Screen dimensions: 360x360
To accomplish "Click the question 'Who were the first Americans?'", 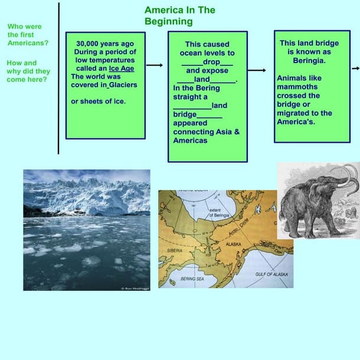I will pyautogui.click(x=28, y=35).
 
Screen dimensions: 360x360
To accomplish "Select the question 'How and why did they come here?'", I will pyautogui.click(x=28, y=71).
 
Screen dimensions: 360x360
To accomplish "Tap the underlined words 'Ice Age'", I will pyautogui.click(x=122, y=68).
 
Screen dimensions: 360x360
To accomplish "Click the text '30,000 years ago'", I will pyautogui.click(x=105, y=43).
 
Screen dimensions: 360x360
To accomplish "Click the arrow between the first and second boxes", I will pyautogui.click(x=154, y=66).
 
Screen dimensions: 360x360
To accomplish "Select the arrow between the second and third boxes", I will pyautogui.click(x=257, y=70).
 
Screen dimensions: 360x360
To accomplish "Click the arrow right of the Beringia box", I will pyautogui.click(x=355, y=68).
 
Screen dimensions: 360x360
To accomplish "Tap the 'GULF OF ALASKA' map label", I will pyautogui.click(x=271, y=274).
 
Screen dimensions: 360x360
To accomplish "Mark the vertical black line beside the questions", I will pyautogui.click(x=58, y=77).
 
